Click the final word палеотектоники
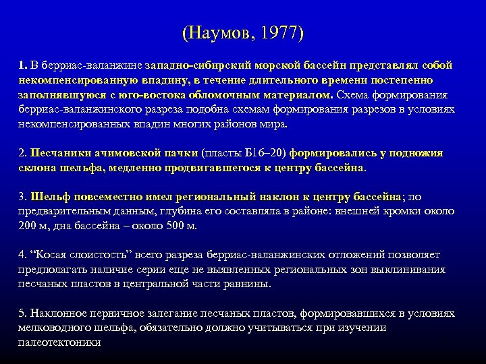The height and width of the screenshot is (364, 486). pos(60,342)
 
